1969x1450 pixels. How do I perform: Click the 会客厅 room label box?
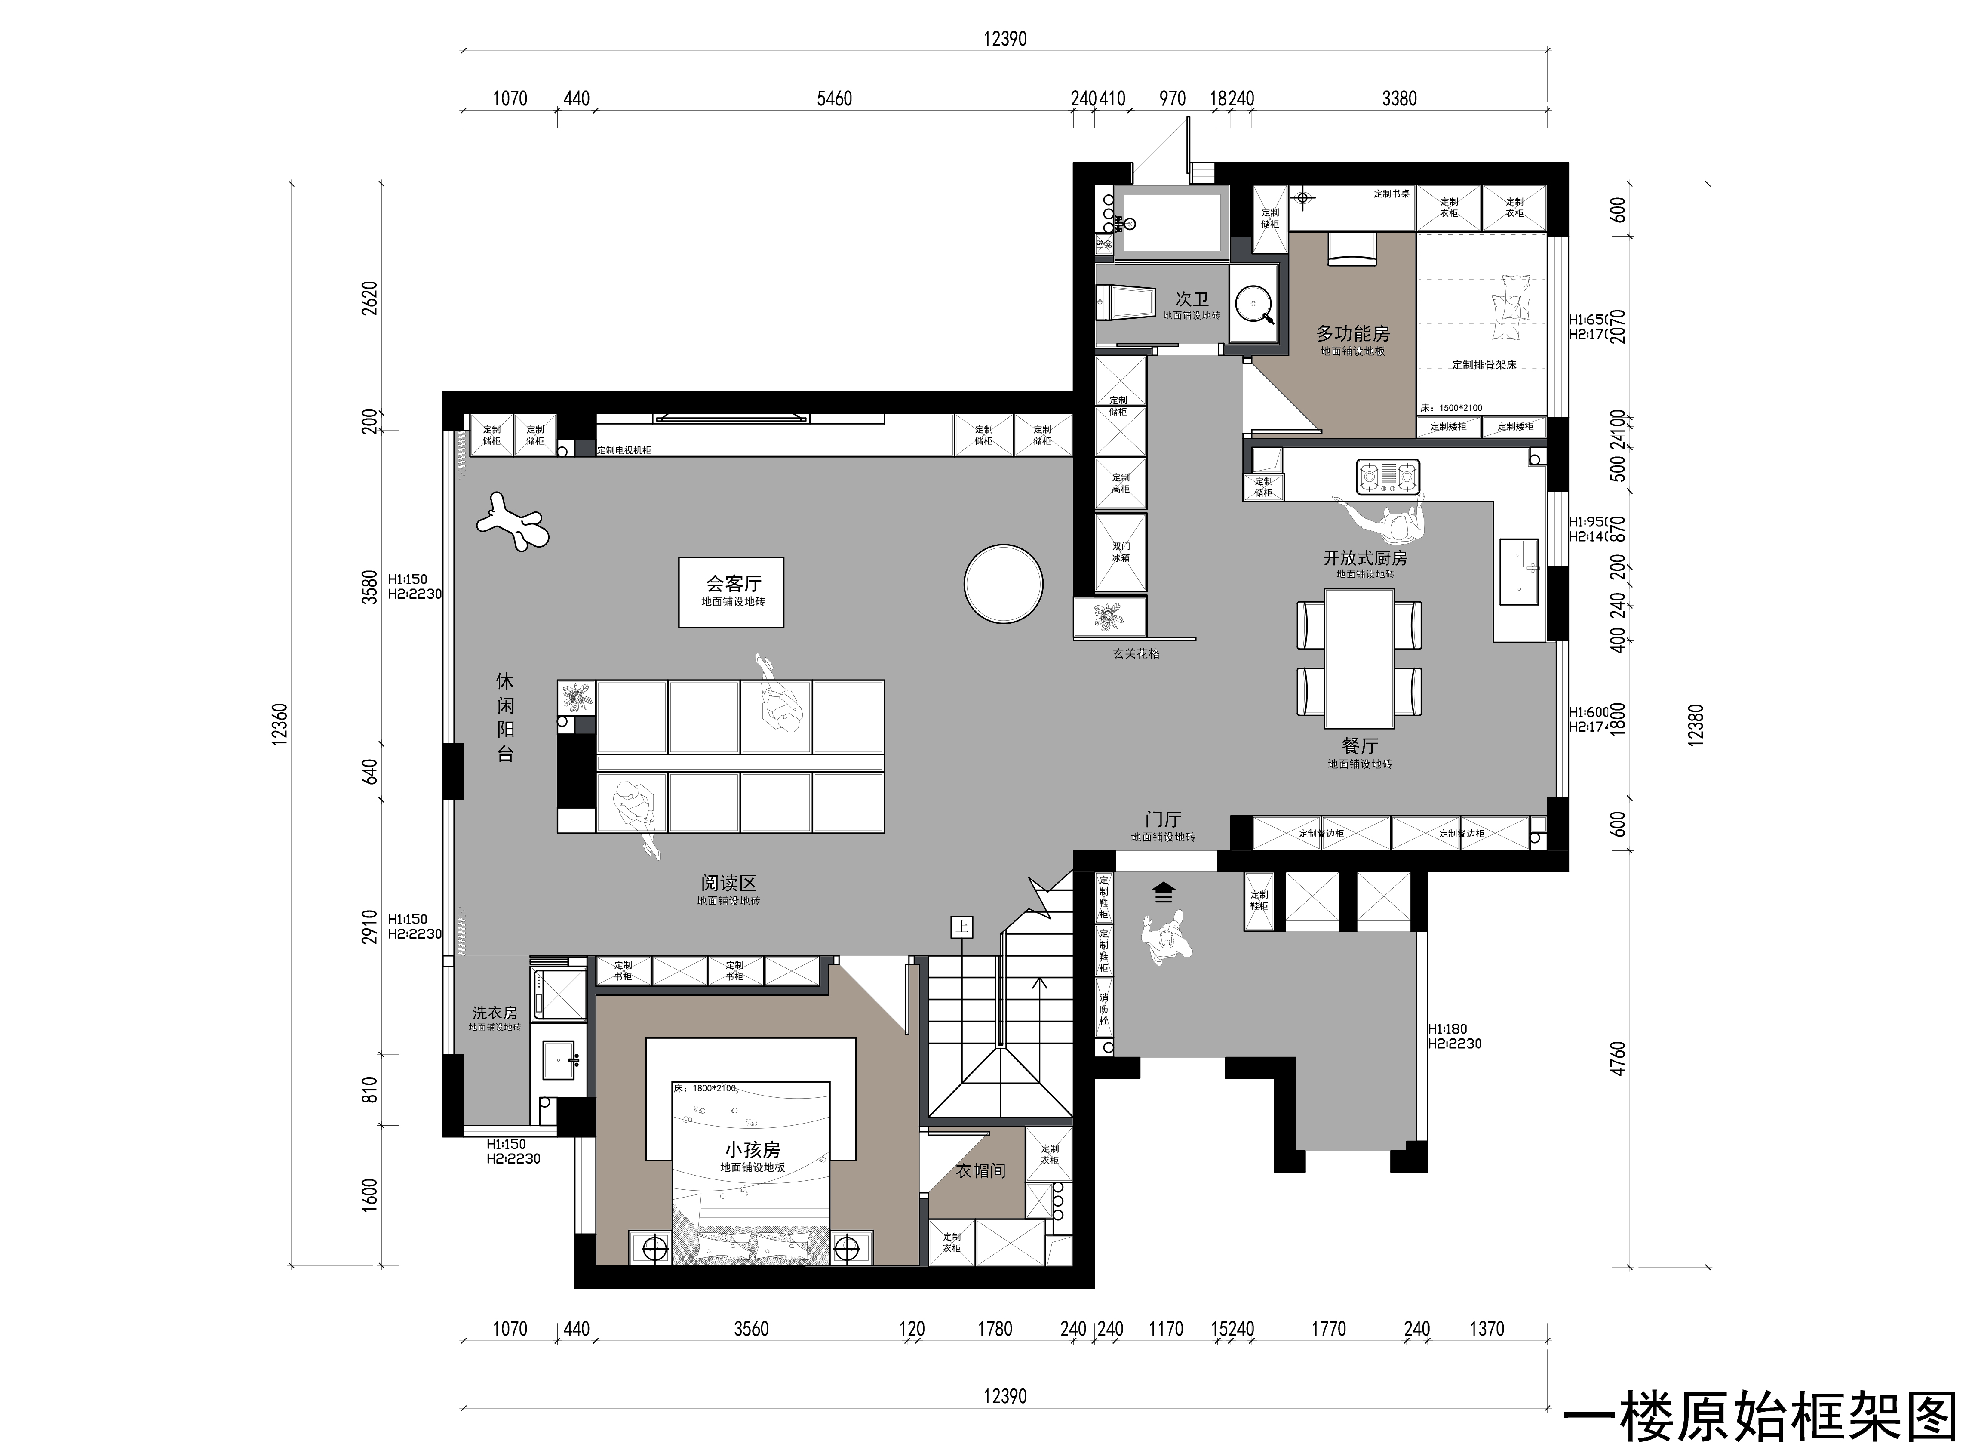tap(731, 591)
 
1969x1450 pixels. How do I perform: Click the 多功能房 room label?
tap(1352, 333)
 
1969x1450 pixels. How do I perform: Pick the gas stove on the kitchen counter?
tap(1388, 476)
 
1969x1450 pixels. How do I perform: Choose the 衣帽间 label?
tap(980, 1171)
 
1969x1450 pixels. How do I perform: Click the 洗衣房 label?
tap(495, 1013)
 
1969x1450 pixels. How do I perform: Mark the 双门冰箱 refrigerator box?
tap(1121, 551)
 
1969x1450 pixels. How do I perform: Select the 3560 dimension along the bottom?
tap(751, 1329)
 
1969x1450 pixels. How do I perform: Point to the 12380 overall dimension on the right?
tap(1695, 725)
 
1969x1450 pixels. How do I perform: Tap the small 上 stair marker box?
tap(961, 926)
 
